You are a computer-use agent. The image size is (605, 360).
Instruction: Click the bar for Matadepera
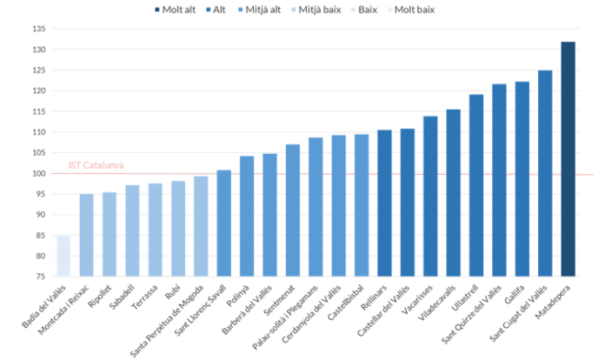click(568, 159)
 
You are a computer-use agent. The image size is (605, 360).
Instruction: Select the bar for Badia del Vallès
click(64, 256)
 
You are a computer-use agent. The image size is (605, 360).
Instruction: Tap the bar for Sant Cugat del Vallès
click(545, 173)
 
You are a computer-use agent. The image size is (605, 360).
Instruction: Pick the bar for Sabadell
click(132, 230)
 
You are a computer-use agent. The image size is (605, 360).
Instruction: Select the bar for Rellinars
click(384, 203)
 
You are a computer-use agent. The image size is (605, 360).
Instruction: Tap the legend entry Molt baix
click(413, 10)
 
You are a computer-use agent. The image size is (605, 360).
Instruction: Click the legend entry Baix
click(366, 10)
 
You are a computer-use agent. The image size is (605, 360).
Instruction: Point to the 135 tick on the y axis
click(39, 29)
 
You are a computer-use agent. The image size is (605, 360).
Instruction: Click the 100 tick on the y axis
click(39, 174)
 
